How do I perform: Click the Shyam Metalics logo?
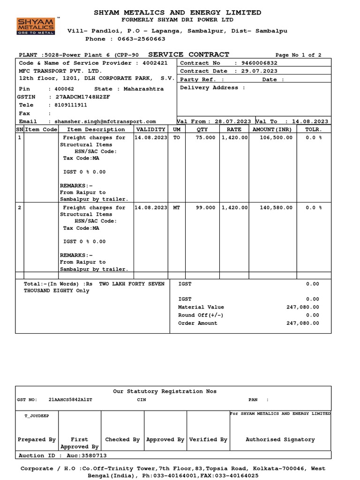pyautogui.click(x=36, y=26)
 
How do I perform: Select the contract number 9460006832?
pyautogui.click(x=259, y=63)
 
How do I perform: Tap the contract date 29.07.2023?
pyautogui.click(x=259, y=71)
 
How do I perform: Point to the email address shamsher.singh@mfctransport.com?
pyautogui.click(x=105, y=121)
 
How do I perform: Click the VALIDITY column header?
pyautogui.click(x=150, y=129)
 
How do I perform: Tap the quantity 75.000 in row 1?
pyautogui.click(x=206, y=138)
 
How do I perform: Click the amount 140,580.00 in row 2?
pyautogui.click(x=276, y=208)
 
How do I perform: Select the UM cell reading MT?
pyautogui.click(x=176, y=208)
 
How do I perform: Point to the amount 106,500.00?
pyautogui.click(x=276, y=138)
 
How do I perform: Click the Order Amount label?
pyautogui.click(x=198, y=323)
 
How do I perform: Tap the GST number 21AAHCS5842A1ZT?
pyautogui.click(x=70, y=400)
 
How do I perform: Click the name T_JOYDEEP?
pyautogui.click(x=36, y=415)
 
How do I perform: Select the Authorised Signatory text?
pyautogui.click(x=280, y=440)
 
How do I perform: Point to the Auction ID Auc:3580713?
pyautogui.click(x=62, y=456)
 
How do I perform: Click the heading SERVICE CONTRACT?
pyautogui.click(x=188, y=55)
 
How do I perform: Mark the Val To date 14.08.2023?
pyautogui.click(x=310, y=121)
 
